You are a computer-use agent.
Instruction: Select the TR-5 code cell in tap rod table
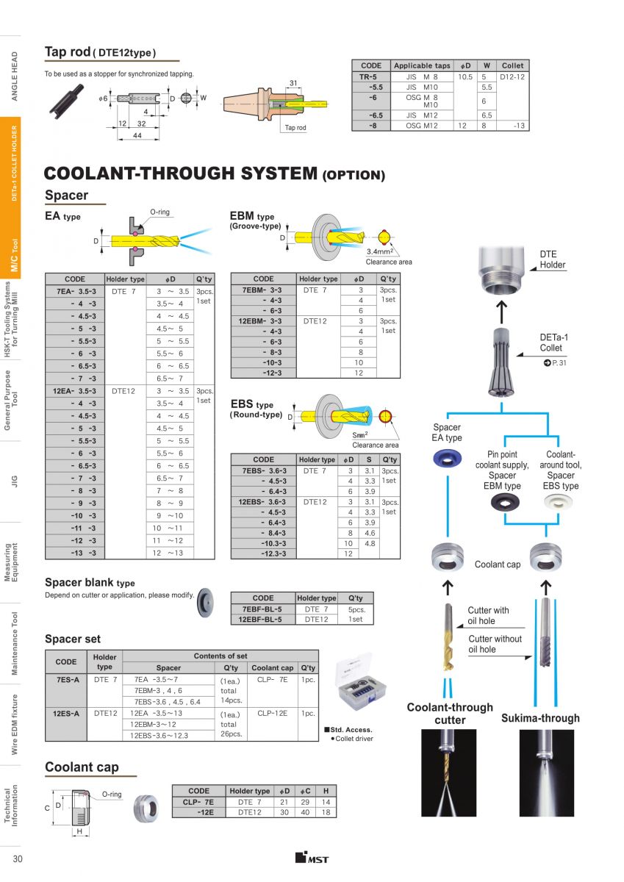(x=370, y=76)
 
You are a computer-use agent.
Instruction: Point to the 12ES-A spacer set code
(x=66, y=713)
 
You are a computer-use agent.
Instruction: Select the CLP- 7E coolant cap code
(x=198, y=802)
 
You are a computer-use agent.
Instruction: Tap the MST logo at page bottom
(x=312, y=858)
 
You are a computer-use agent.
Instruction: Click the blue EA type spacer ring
(x=447, y=461)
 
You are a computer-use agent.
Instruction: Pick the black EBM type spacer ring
(x=503, y=502)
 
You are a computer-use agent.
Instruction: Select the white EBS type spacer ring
(x=561, y=502)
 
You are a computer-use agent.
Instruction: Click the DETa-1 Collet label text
(x=551, y=343)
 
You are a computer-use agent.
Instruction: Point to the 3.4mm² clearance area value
(x=379, y=254)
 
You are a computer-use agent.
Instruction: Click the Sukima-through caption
(x=540, y=718)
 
